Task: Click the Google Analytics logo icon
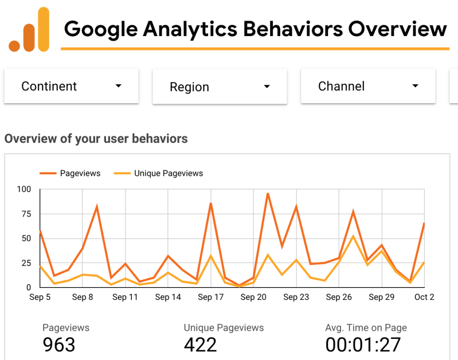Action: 29,30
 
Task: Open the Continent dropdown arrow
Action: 119,86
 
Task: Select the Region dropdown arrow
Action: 267,87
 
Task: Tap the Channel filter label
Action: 341,86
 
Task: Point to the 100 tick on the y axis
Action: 24,189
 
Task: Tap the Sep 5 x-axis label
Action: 40,297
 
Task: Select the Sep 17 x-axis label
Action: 210,297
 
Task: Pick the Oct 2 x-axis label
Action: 424,297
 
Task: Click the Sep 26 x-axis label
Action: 339,297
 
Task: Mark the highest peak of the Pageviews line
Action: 268,194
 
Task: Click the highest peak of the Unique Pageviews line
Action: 353,236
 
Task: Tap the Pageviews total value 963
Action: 59,345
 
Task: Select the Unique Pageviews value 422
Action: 200,345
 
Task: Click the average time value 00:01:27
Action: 363,345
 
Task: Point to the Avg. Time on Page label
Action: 366,328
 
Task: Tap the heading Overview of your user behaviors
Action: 96,139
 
